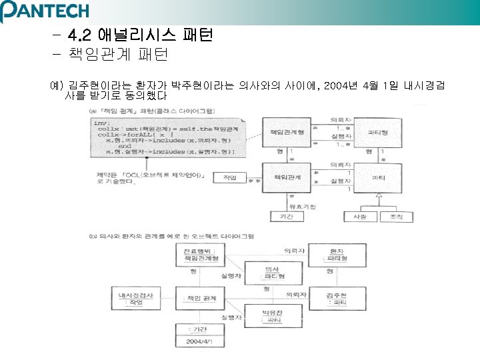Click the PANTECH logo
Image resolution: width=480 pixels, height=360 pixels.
[45, 11]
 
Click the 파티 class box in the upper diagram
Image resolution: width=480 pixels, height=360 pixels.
[378, 178]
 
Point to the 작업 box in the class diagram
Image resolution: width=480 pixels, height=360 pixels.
[231, 178]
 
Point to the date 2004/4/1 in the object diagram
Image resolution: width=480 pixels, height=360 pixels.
[198, 341]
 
